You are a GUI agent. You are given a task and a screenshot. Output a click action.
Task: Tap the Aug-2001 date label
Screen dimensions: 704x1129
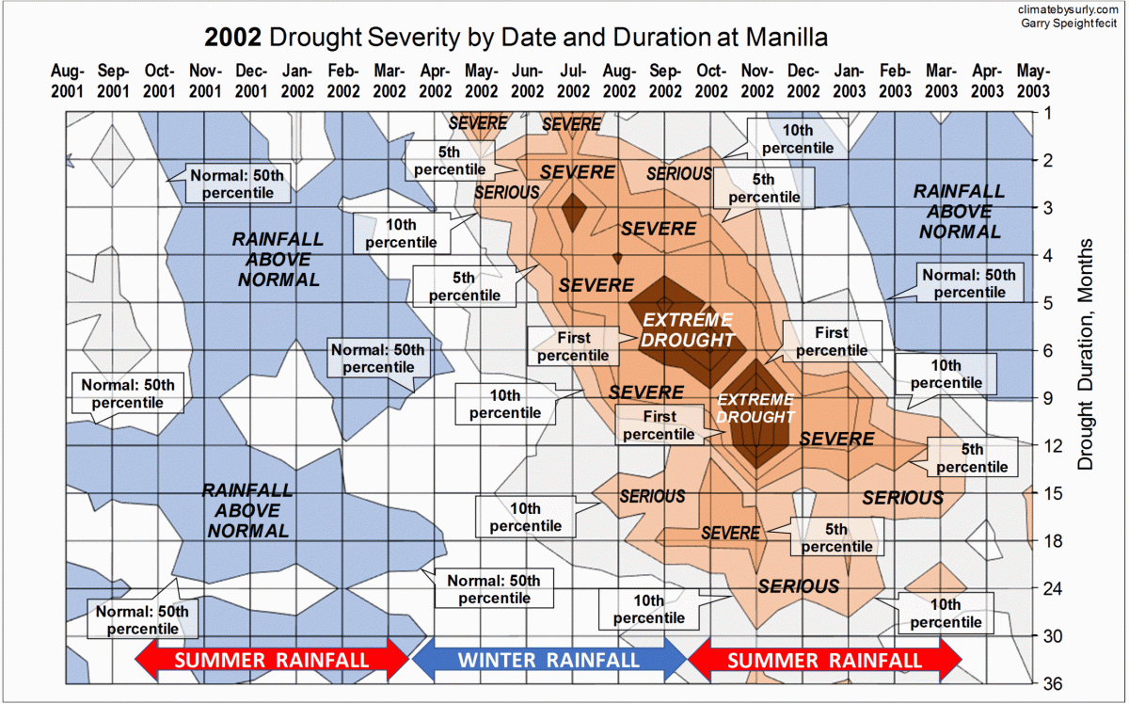coord(68,81)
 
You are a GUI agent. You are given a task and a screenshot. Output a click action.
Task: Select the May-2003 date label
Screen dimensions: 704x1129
coord(1033,81)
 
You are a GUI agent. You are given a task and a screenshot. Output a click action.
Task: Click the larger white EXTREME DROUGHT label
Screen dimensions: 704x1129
coord(687,330)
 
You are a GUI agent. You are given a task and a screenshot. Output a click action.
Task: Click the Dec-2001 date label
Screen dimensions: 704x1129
coord(251,81)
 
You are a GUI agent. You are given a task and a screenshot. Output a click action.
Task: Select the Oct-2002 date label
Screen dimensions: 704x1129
coord(711,81)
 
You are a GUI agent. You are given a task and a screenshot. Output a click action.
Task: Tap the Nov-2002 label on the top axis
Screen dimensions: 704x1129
coord(757,81)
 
